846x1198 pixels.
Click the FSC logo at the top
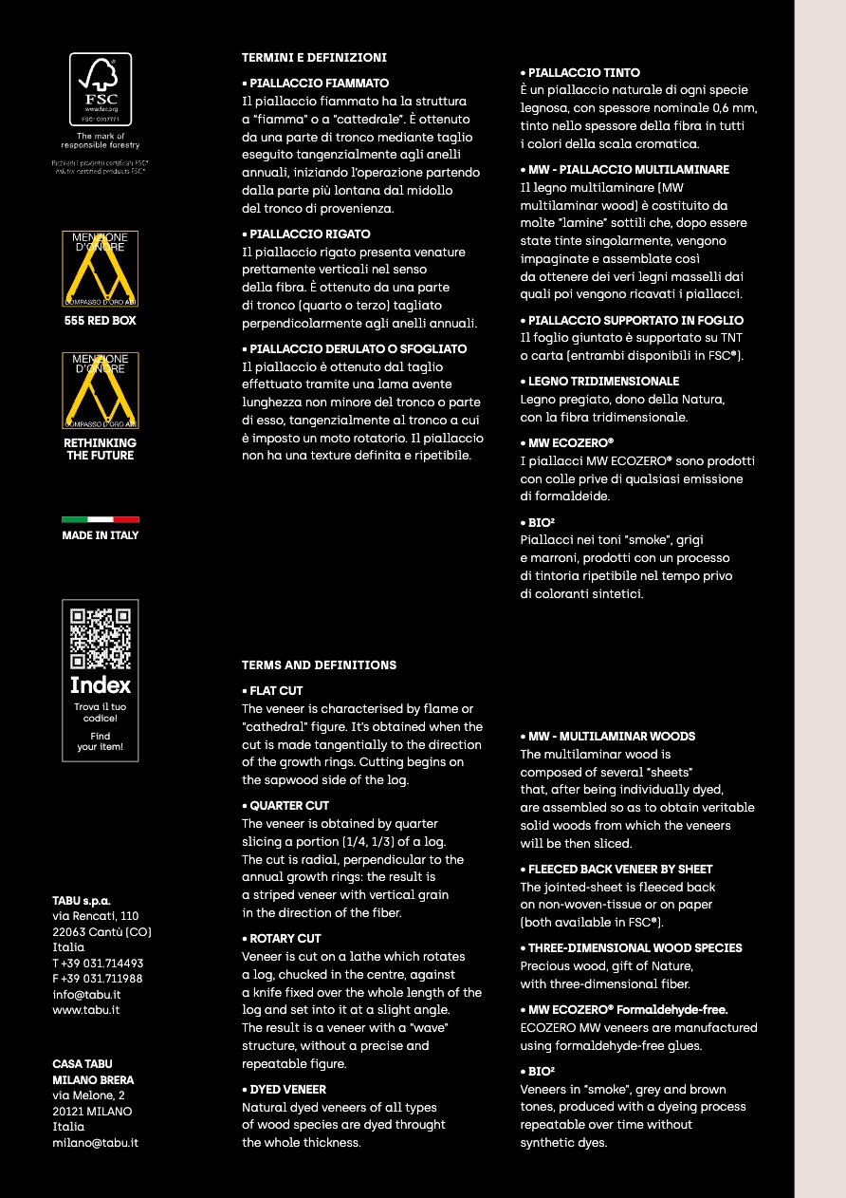[x=101, y=88]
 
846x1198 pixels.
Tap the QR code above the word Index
[x=101, y=638]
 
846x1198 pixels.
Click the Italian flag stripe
[x=101, y=519]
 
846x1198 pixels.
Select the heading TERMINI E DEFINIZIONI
[x=314, y=58]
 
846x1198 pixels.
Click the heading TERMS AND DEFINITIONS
[x=319, y=665]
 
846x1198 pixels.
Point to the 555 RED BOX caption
[x=101, y=321]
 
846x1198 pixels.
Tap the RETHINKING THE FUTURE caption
[x=101, y=449]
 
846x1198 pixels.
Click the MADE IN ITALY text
[x=101, y=535]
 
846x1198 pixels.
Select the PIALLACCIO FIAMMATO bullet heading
[x=315, y=84]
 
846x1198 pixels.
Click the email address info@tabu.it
[x=86, y=995]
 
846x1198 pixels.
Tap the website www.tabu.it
[x=85, y=1010]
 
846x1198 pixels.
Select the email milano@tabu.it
[x=95, y=1143]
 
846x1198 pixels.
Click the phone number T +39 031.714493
[x=98, y=963]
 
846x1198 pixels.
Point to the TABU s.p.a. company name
[x=82, y=900]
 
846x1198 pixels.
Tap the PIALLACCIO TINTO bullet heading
[x=579, y=73]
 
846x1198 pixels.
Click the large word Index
[x=101, y=685]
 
